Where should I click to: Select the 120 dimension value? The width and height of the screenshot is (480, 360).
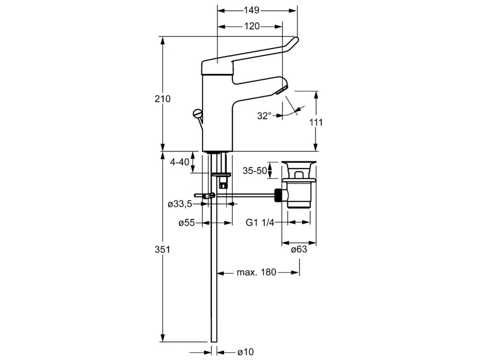(252, 26)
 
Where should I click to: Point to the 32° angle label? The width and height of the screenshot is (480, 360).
(264, 115)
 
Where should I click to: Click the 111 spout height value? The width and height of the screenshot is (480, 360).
(317, 122)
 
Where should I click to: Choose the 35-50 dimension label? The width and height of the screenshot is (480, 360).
(255, 171)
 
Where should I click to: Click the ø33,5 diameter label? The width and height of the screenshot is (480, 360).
(180, 204)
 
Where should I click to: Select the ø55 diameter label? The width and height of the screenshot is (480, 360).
(186, 223)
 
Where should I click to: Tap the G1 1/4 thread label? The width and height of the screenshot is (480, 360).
(260, 223)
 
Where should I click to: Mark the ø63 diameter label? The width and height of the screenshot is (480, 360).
(299, 249)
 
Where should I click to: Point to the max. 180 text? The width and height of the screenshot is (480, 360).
(256, 272)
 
